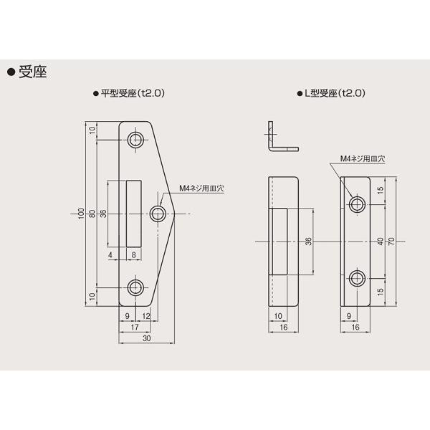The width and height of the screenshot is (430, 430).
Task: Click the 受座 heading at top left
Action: [30, 72]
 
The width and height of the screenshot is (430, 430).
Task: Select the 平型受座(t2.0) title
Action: [135, 93]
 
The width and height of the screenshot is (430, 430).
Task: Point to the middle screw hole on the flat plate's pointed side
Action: [159, 213]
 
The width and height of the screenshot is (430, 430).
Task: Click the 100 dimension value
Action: [82, 213]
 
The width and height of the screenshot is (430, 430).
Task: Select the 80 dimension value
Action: [93, 213]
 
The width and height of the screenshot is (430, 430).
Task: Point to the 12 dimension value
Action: [146, 315]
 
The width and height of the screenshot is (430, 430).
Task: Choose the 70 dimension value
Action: [390, 241]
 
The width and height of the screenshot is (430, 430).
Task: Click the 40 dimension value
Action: [379, 241]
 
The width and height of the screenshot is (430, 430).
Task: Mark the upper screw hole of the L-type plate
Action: [356, 204]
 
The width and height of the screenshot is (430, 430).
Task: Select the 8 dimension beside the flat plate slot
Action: [133, 254]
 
